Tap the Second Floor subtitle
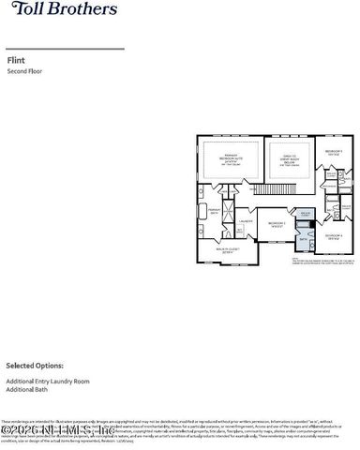coord(24,71)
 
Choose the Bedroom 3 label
coord(333,152)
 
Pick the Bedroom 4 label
coord(335,235)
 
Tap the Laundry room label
coord(246,222)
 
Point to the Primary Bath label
coord(214,210)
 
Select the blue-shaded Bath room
coord(303,242)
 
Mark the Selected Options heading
coord(34,365)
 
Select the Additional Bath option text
coord(29,389)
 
